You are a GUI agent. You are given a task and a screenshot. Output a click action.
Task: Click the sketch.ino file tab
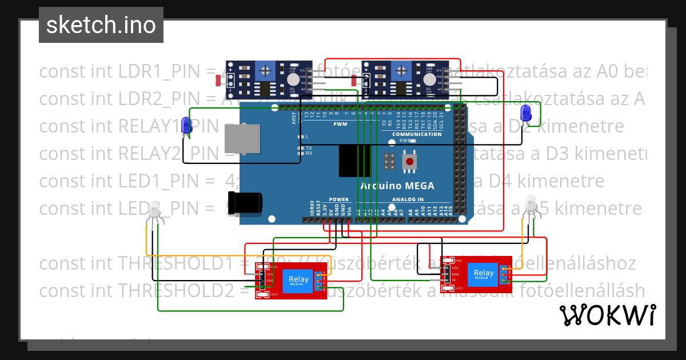point(101,25)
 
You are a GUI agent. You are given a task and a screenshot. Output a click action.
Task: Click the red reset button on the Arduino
point(409,162)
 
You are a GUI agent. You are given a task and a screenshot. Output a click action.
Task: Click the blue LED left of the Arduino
point(186,126)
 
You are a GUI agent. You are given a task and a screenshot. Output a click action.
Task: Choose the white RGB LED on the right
point(532,204)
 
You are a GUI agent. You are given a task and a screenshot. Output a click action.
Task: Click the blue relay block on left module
point(298,279)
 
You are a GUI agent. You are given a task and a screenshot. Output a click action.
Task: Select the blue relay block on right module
point(484,273)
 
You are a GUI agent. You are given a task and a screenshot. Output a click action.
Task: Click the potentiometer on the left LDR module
point(265,70)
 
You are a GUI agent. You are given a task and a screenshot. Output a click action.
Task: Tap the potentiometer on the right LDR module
point(402,70)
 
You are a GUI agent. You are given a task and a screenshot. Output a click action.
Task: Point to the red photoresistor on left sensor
point(218,81)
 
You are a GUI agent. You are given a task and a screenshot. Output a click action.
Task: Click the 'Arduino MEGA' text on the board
point(397,186)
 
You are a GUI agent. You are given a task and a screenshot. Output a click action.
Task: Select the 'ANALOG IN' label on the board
point(408,199)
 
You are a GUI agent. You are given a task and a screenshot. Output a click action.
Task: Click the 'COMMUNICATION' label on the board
point(416,134)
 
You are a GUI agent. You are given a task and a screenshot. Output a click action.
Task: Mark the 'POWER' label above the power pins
point(338,199)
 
